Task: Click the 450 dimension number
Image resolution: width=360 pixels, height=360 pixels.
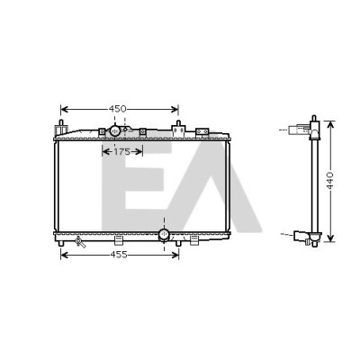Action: (x=117, y=109)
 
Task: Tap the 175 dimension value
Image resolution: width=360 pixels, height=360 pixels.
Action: (x=121, y=152)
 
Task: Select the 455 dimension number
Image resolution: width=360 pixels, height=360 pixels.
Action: (x=119, y=255)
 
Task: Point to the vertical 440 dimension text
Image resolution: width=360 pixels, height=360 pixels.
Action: (x=330, y=181)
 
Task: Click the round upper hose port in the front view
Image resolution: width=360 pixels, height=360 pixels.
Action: (x=115, y=131)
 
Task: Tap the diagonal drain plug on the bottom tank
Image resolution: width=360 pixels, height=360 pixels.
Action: (x=80, y=241)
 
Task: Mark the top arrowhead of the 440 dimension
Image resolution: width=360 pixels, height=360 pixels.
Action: (x=330, y=125)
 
